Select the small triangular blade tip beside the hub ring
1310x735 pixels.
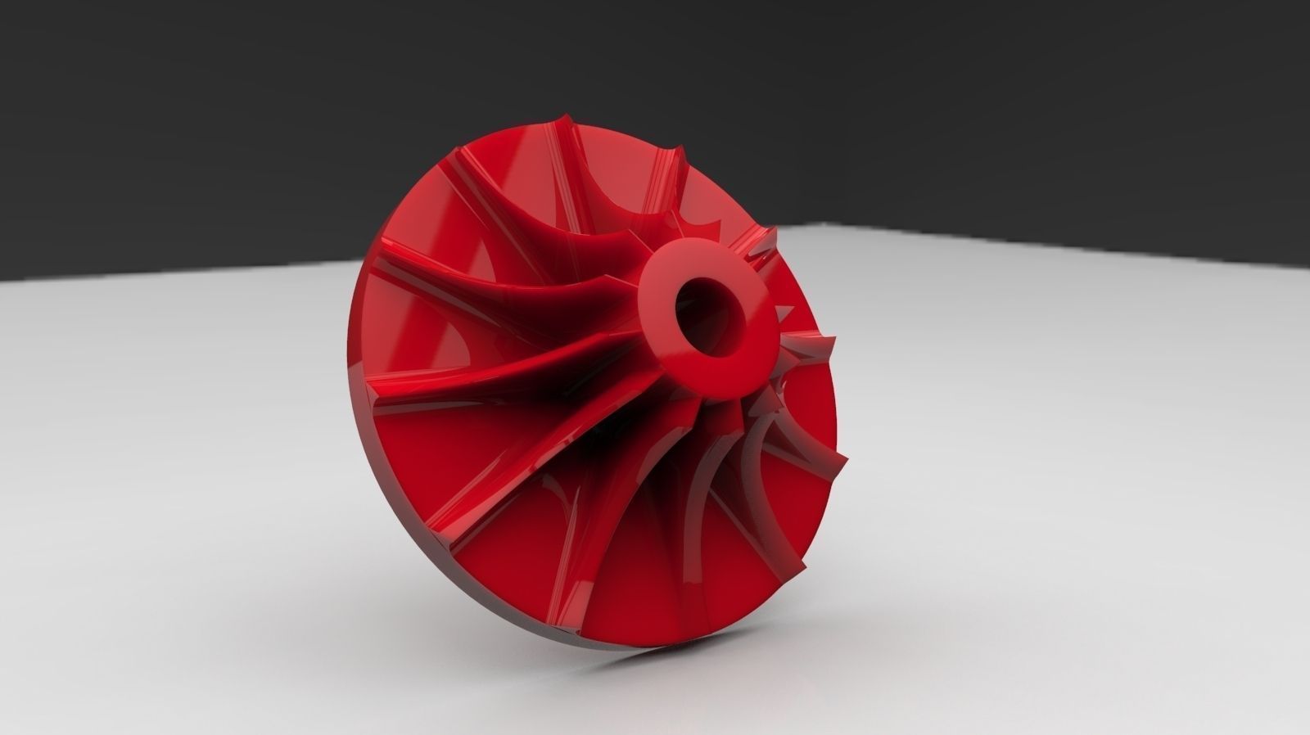786,312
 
